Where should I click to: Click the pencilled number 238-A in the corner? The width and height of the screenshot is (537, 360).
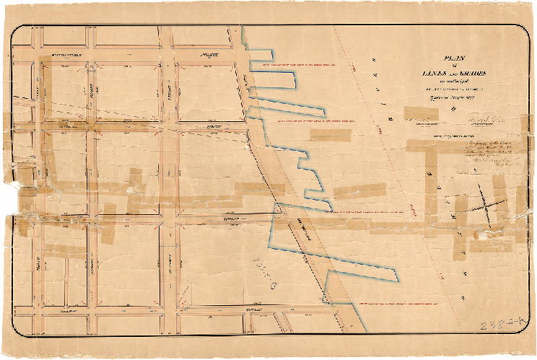click(499, 325)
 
